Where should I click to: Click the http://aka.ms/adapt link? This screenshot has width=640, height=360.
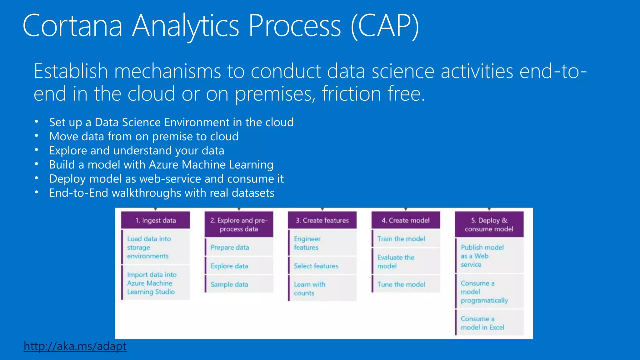point(75,346)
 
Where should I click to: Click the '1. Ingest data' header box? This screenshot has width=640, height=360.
point(156,220)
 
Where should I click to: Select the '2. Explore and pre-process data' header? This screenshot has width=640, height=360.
point(239,224)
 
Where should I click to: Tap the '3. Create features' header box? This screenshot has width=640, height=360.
point(322,220)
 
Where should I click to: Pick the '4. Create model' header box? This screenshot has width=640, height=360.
point(406,220)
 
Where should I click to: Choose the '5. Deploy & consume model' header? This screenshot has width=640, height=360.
point(489,224)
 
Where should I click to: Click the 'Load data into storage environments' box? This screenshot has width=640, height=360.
point(156,247)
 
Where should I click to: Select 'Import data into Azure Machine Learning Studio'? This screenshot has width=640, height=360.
point(156,283)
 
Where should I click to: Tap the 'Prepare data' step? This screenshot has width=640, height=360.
point(239,247)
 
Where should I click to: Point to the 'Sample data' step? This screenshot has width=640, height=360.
point(239,284)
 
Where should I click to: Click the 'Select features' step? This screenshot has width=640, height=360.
point(322,266)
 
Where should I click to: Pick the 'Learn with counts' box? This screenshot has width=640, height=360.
point(322,289)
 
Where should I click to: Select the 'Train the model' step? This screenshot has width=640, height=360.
point(406,239)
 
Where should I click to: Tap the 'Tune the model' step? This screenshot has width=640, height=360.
point(406,284)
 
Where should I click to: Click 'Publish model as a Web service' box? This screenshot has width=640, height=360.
point(489,256)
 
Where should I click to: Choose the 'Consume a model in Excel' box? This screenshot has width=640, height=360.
point(489,323)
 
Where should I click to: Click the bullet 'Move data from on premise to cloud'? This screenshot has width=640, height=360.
point(144,137)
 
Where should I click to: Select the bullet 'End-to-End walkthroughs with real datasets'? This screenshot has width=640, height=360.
point(162,193)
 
